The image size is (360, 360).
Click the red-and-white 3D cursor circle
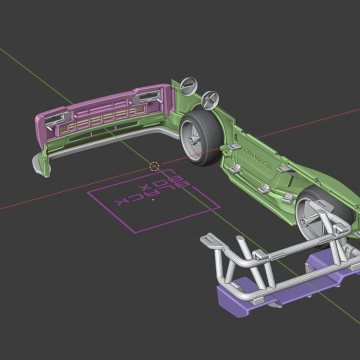click(x=154, y=165)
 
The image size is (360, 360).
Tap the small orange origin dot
click(x=153, y=200)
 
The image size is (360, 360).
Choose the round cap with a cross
click(x=209, y=99)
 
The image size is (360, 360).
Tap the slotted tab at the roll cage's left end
click(x=211, y=241)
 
